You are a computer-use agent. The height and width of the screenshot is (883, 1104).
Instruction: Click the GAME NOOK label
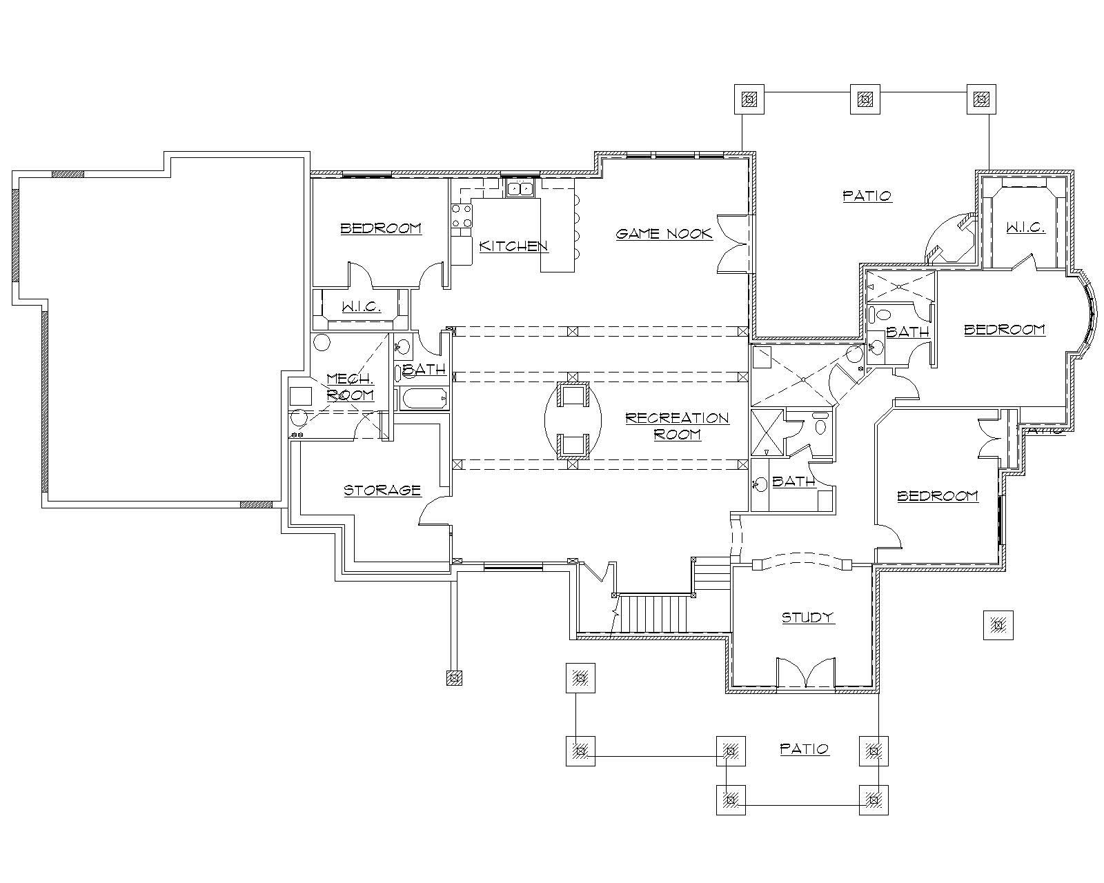[x=663, y=234]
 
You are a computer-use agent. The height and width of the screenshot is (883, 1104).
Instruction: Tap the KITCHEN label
[x=513, y=246]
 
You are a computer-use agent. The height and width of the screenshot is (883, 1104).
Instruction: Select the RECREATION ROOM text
[x=676, y=426]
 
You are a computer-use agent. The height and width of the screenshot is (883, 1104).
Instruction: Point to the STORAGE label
[x=382, y=490]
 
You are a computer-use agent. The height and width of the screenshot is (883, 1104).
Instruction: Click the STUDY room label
[x=807, y=617]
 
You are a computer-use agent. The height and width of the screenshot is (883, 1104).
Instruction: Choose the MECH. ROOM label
[x=350, y=387]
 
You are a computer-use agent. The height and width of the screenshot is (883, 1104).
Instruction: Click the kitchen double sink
[x=520, y=188]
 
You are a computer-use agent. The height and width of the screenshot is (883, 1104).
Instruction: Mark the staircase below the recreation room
[x=653, y=613]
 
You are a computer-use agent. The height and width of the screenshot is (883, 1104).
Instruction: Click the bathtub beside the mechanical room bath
[x=423, y=399]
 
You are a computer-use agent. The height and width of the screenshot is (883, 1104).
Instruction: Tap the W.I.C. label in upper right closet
[x=1025, y=228]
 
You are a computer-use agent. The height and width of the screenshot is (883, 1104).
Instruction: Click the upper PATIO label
[x=867, y=196]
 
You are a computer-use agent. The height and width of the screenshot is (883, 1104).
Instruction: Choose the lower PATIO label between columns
[x=804, y=748]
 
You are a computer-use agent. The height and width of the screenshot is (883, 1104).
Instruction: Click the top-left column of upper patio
[x=749, y=99]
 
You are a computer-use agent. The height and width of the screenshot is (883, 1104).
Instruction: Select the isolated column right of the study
[x=998, y=626]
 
